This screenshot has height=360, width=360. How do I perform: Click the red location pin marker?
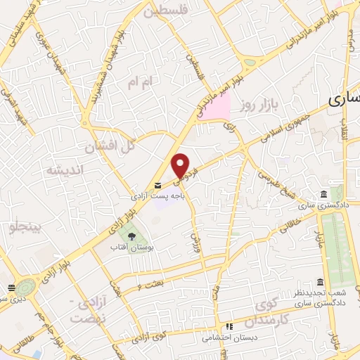click(181, 165)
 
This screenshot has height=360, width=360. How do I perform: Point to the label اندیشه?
click(64, 170)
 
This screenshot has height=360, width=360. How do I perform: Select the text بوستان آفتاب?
click(131, 247)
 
